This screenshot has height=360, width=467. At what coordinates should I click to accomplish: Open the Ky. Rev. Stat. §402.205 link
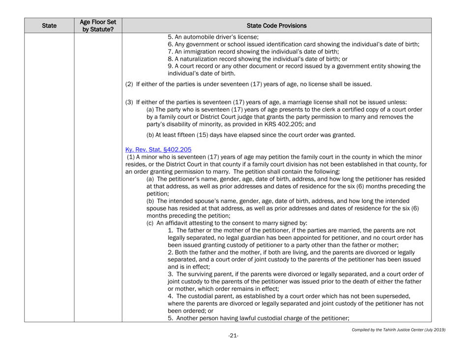[159, 150]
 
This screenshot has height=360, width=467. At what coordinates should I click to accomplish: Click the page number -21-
[233, 335]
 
